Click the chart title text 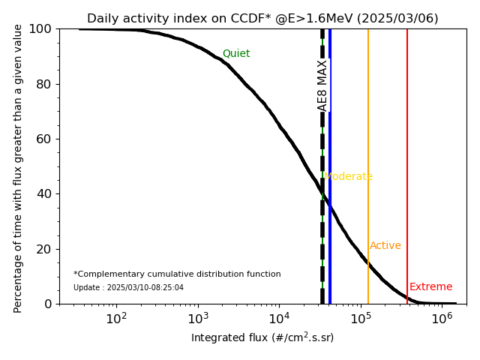pyautogui.click(x=262, y=19)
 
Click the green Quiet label pyautogui.click(x=236, y=54)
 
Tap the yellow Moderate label pyautogui.click(x=349, y=177)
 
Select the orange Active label pyautogui.click(x=385, y=246)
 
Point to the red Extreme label pyautogui.click(x=431, y=287)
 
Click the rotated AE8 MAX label pyautogui.click(x=322, y=85)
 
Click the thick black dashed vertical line pyautogui.click(x=322, y=225)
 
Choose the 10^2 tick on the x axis pyautogui.click(x=116, y=317)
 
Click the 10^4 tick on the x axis pyautogui.click(x=279, y=317)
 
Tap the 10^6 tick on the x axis pyautogui.click(x=442, y=317)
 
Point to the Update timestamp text pyautogui.click(x=128, y=288)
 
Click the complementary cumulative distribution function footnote pyautogui.click(x=177, y=274)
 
